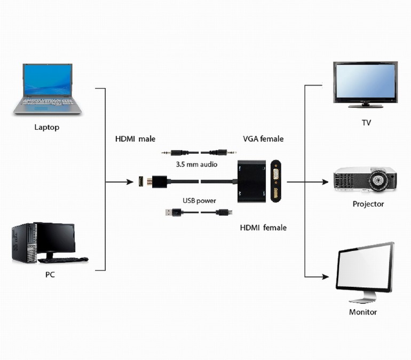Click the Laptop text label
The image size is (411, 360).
click(46, 127)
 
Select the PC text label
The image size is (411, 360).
click(50, 275)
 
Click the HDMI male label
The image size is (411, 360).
click(135, 139)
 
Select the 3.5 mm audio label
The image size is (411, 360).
click(196, 165)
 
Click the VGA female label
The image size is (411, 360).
click(263, 139)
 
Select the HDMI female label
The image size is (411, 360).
click(263, 228)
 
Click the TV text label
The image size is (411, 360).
click(366, 123)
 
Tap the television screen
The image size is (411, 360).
click(366, 81)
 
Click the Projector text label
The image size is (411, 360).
click(368, 204)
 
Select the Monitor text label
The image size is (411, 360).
click(363, 312)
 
